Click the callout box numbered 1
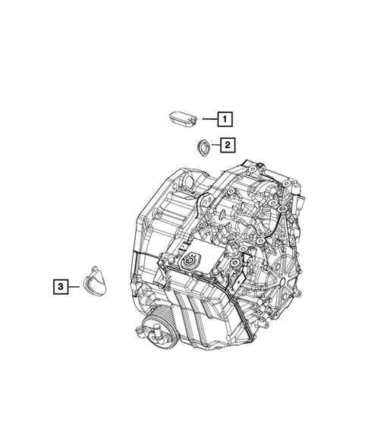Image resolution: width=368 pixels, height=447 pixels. [225, 119]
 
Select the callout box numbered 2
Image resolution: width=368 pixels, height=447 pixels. [228, 145]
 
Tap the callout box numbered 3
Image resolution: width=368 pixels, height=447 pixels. [61, 287]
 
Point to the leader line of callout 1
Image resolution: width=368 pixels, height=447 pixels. [210, 119]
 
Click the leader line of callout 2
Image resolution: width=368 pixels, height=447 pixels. [215, 145]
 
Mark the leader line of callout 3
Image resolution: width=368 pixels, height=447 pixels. [74, 287]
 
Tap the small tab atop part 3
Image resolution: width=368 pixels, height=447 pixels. [95, 269]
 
